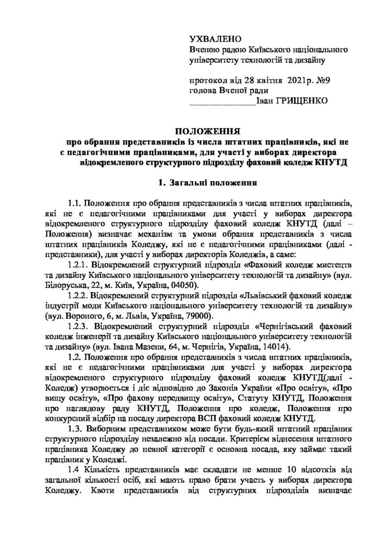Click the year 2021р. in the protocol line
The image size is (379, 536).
(x=283, y=80)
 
